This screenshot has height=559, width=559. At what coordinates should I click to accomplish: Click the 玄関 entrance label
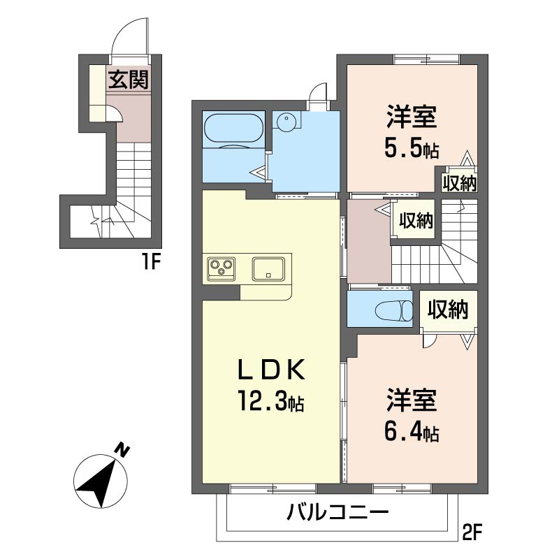(x=129, y=80)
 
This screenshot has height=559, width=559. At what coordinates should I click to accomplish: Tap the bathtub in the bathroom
(x=234, y=131)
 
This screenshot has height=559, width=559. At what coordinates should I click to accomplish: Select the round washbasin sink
(x=286, y=122)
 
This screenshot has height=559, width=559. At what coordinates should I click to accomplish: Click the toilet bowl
(x=393, y=311)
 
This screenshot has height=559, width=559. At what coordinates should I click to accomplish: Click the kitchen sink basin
(x=268, y=269)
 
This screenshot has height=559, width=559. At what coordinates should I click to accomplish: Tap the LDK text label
(x=272, y=370)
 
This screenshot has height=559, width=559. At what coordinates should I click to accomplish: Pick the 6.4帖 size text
(x=412, y=432)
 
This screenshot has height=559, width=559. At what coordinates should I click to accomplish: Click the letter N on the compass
(x=123, y=451)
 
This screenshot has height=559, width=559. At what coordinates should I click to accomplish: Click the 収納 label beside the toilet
(x=448, y=309)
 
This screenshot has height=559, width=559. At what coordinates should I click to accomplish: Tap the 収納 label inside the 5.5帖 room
(x=460, y=184)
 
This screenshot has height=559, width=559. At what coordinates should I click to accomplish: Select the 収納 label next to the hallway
(x=416, y=221)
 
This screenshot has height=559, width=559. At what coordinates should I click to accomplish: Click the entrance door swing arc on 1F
(x=126, y=34)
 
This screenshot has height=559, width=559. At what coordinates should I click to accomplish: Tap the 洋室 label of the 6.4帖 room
(x=412, y=400)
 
